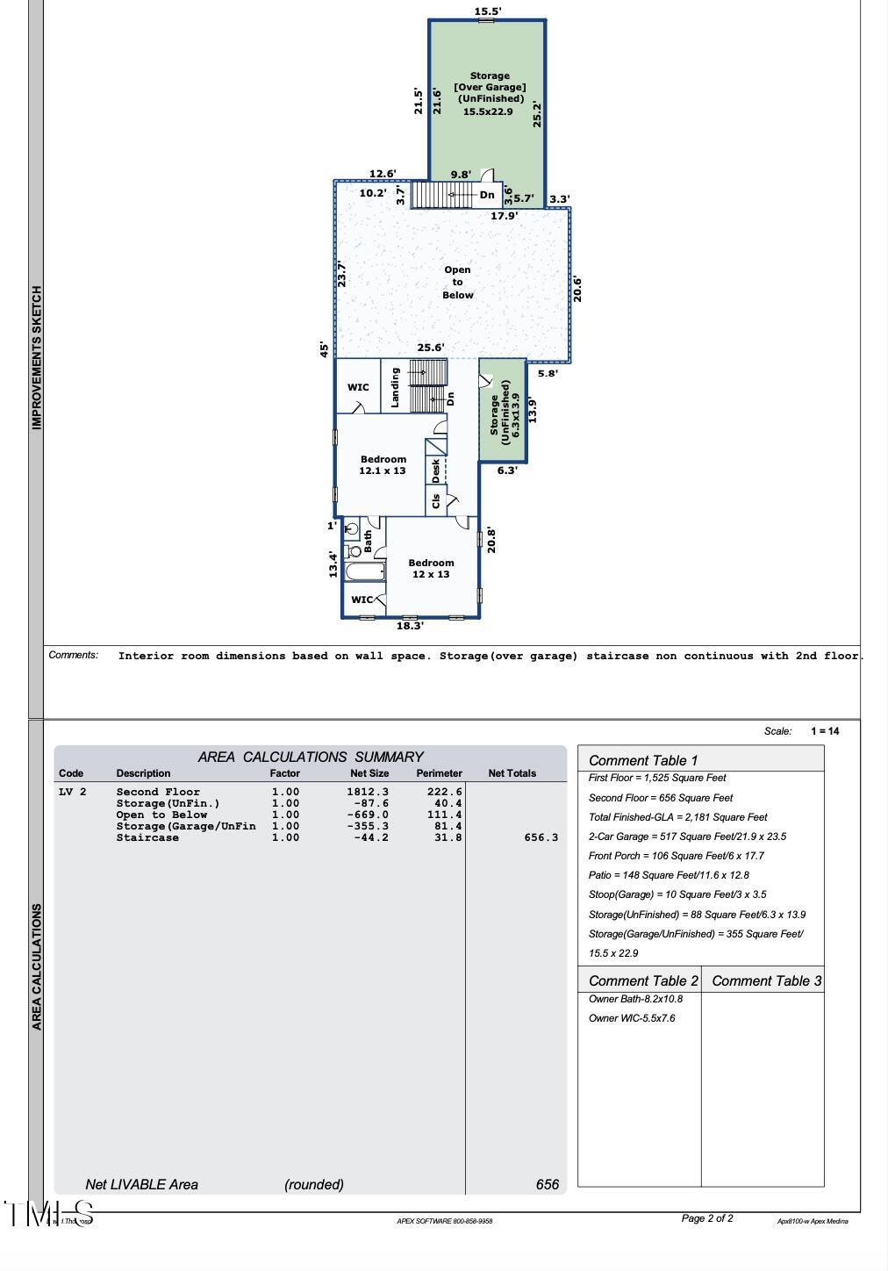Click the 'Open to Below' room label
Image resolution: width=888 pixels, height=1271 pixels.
coord(457,283)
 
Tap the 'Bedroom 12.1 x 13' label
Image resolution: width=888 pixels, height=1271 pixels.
coord(383,464)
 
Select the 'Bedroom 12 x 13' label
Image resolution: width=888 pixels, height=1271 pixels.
coord(431,568)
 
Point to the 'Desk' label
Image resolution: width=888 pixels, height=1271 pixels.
coord(436,470)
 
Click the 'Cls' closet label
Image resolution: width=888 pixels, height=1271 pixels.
coord(436,501)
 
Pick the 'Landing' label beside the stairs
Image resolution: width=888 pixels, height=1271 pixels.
coord(396,387)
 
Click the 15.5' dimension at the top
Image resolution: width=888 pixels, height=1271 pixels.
coord(488,11)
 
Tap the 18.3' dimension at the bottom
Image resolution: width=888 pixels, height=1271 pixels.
coord(410,626)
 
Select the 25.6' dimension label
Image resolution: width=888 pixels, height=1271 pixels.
coord(430,348)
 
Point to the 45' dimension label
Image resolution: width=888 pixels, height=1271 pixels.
coord(324,349)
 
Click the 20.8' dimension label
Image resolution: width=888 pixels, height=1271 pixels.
coord(491,539)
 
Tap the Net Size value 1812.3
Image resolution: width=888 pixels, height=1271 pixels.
coord(368,792)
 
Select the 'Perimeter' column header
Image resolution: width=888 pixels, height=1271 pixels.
coord(439,773)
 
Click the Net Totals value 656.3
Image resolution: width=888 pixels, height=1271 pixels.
coord(541,837)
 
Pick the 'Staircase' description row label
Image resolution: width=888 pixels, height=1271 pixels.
coord(147,837)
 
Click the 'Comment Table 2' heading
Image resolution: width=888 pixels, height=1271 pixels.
coord(643,980)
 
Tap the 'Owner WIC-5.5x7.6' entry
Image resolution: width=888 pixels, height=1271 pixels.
coord(632,1018)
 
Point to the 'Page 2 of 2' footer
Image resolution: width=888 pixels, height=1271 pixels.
coord(707,1218)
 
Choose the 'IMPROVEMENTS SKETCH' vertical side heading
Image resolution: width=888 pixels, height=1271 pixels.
coord(37,357)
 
